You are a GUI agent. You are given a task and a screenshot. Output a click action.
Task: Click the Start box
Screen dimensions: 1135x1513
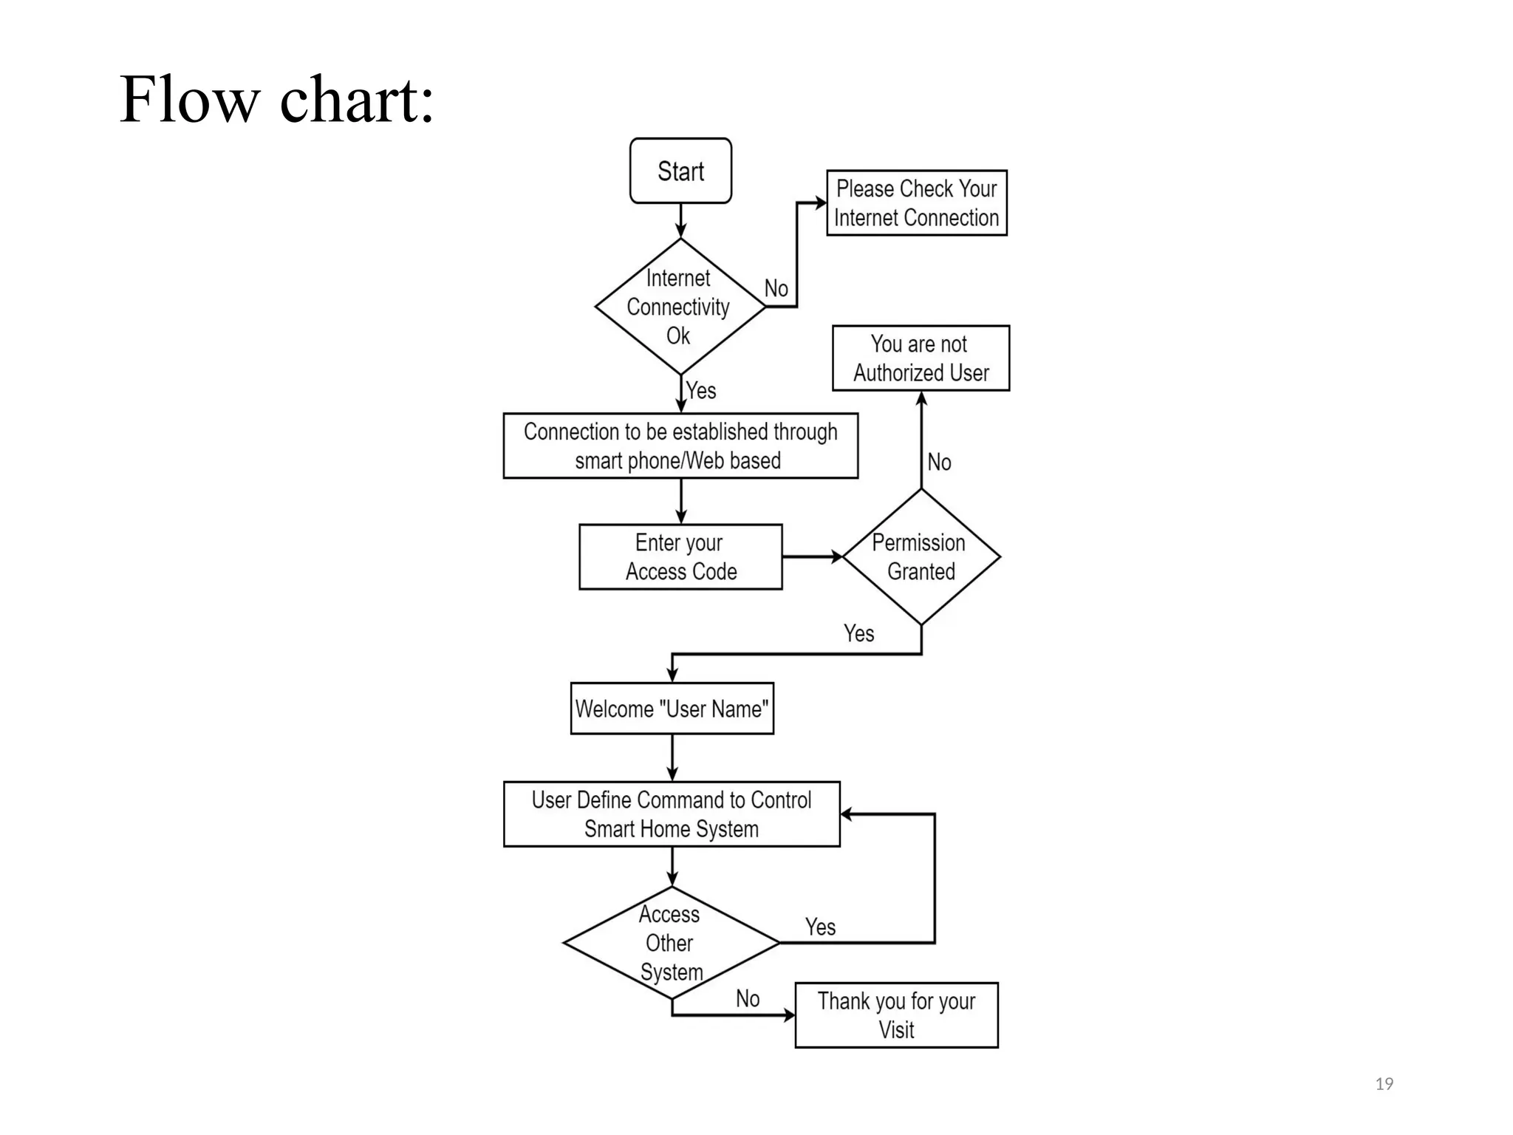tap(680, 171)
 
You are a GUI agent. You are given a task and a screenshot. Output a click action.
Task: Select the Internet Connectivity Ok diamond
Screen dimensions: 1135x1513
tap(680, 307)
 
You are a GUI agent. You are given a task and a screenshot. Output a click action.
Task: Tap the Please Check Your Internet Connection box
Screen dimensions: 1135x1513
tap(916, 203)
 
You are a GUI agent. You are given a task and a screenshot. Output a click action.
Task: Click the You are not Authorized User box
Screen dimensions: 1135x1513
tap(921, 358)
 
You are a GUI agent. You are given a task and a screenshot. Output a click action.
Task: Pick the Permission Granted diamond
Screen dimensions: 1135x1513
tap(921, 557)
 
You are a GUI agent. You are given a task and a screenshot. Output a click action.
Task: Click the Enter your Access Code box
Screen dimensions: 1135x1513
tap(680, 557)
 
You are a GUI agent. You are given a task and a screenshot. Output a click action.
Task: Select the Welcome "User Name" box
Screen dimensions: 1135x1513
tap(672, 709)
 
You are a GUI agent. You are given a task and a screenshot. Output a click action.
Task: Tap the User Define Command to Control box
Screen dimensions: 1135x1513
tap(672, 814)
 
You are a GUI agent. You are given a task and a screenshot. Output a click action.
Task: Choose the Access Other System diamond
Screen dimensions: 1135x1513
tap(671, 943)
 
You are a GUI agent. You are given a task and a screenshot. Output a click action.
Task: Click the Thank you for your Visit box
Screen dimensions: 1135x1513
tap(896, 1015)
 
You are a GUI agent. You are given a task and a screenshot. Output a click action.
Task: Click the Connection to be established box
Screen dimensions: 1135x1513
tap(680, 446)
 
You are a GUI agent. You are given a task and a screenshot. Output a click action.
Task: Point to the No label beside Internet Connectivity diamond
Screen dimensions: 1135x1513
tap(776, 288)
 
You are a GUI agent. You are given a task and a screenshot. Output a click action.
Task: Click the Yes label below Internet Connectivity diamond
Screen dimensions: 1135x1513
tap(701, 390)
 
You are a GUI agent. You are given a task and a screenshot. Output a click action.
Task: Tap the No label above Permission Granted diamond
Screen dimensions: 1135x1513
tap(939, 463)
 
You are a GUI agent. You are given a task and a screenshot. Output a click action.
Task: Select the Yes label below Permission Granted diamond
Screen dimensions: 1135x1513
tap(858, 633)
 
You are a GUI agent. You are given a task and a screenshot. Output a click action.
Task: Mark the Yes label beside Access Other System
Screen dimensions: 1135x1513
tap(820, 927)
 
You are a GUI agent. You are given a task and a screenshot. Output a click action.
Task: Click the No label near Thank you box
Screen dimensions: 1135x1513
tap(748, 999)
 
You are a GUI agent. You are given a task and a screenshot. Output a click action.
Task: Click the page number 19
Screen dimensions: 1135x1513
tap(1384, 1084)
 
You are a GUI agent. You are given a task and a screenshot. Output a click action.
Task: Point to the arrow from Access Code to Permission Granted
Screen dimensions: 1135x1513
tap(812, 557)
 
